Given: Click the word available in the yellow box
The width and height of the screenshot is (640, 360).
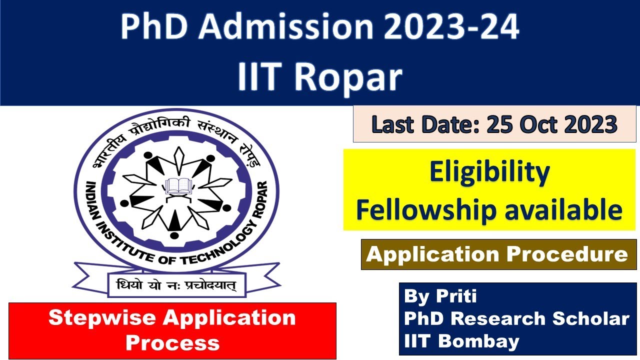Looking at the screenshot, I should (563, 210).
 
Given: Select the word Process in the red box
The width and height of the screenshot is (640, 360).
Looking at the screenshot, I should (172, 342).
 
